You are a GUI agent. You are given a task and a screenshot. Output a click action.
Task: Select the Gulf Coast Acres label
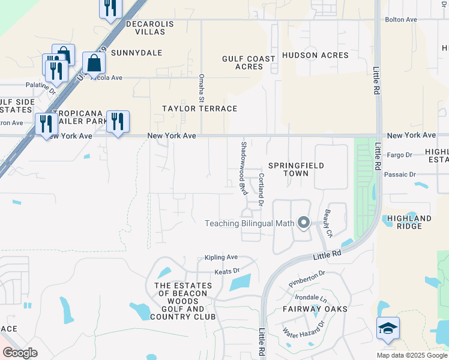point(249,63)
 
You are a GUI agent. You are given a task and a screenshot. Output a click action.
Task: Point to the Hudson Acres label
point(315,55)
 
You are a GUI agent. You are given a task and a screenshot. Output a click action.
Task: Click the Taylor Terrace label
point(200,109)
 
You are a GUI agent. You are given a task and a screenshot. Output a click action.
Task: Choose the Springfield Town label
point(296,169)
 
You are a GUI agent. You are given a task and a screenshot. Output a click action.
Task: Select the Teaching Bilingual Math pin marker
point(304,224)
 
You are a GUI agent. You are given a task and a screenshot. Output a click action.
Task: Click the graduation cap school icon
point(388,329)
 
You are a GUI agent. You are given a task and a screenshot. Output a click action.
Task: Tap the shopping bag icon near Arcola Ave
point(94,62)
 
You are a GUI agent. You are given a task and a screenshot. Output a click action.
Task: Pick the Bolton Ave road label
point(401,20)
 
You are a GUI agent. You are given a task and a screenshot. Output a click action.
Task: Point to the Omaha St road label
point(202,88)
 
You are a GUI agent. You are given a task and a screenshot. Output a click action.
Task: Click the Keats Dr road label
point(228,271)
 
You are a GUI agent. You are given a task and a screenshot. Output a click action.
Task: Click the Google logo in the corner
point(20,353)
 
